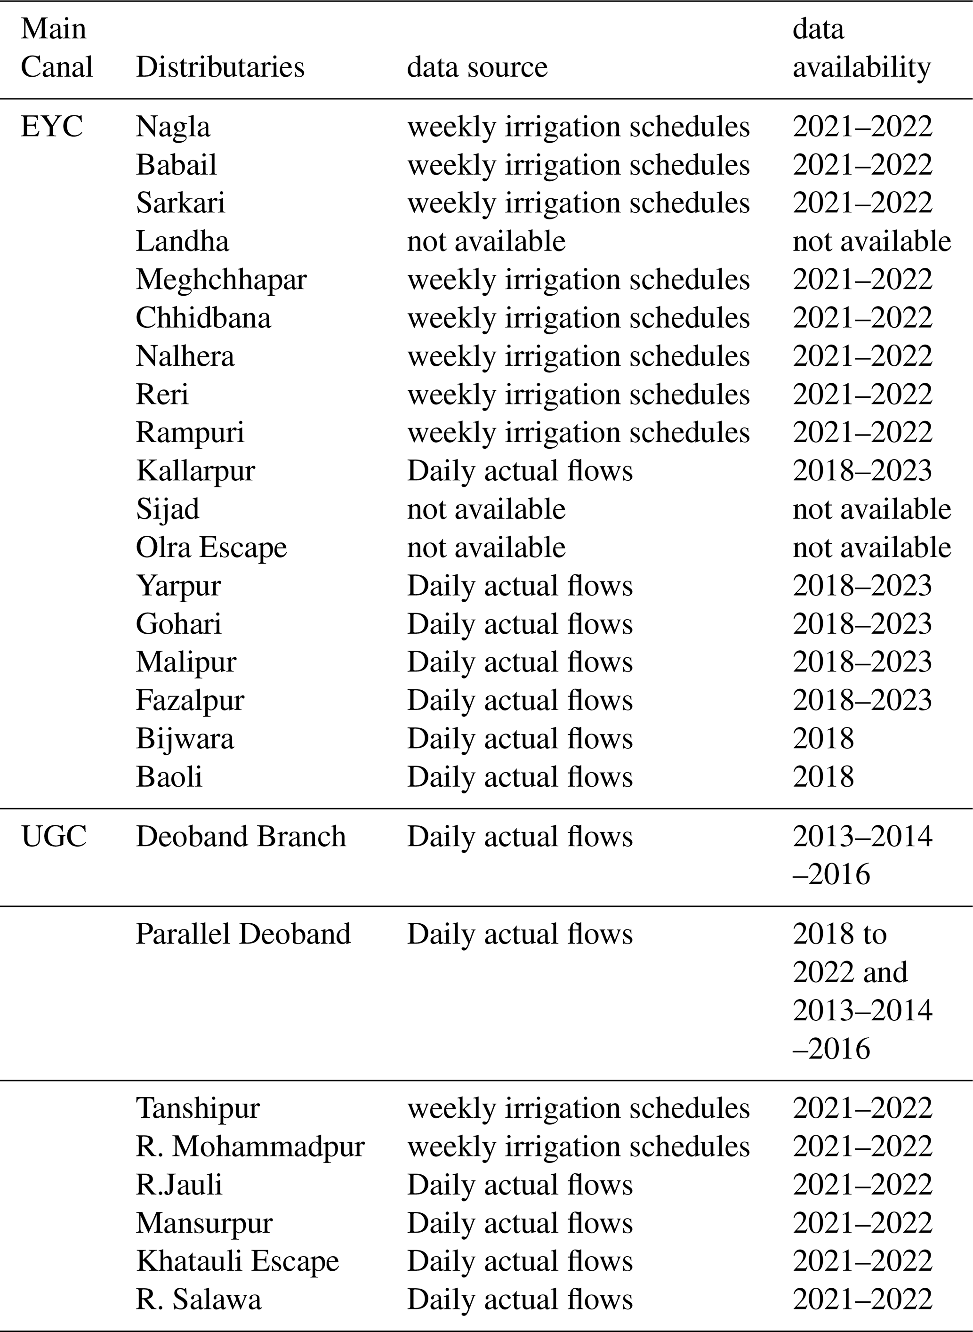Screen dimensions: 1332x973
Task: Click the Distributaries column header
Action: coord(220,66)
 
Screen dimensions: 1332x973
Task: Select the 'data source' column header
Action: coord(477,66)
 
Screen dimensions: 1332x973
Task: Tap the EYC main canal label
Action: coord(52,127)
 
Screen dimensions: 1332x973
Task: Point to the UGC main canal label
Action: coord(54,837)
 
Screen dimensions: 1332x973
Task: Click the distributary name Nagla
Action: coord(173,127)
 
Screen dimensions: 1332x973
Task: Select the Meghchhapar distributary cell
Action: coord(221,279)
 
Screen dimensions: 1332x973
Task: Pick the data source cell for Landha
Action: coord(486,241)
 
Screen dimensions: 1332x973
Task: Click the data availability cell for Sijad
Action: coord(871,509)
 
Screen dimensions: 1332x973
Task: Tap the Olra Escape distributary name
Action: coord(211,547)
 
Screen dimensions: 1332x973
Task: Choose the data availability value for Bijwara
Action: coord(823,738)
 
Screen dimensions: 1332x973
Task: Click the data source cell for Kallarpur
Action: coord(520,471)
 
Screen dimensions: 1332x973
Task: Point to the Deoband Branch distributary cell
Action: coord(241,837)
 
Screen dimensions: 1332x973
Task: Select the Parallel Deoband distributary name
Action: coord(243,934)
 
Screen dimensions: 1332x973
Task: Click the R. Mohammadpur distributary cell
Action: coord(250,1146)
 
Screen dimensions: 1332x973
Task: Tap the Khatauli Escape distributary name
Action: coord(237,1261)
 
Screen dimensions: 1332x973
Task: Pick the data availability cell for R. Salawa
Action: coord(862,1300)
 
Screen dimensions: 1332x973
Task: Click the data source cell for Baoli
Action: coord(520,776)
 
